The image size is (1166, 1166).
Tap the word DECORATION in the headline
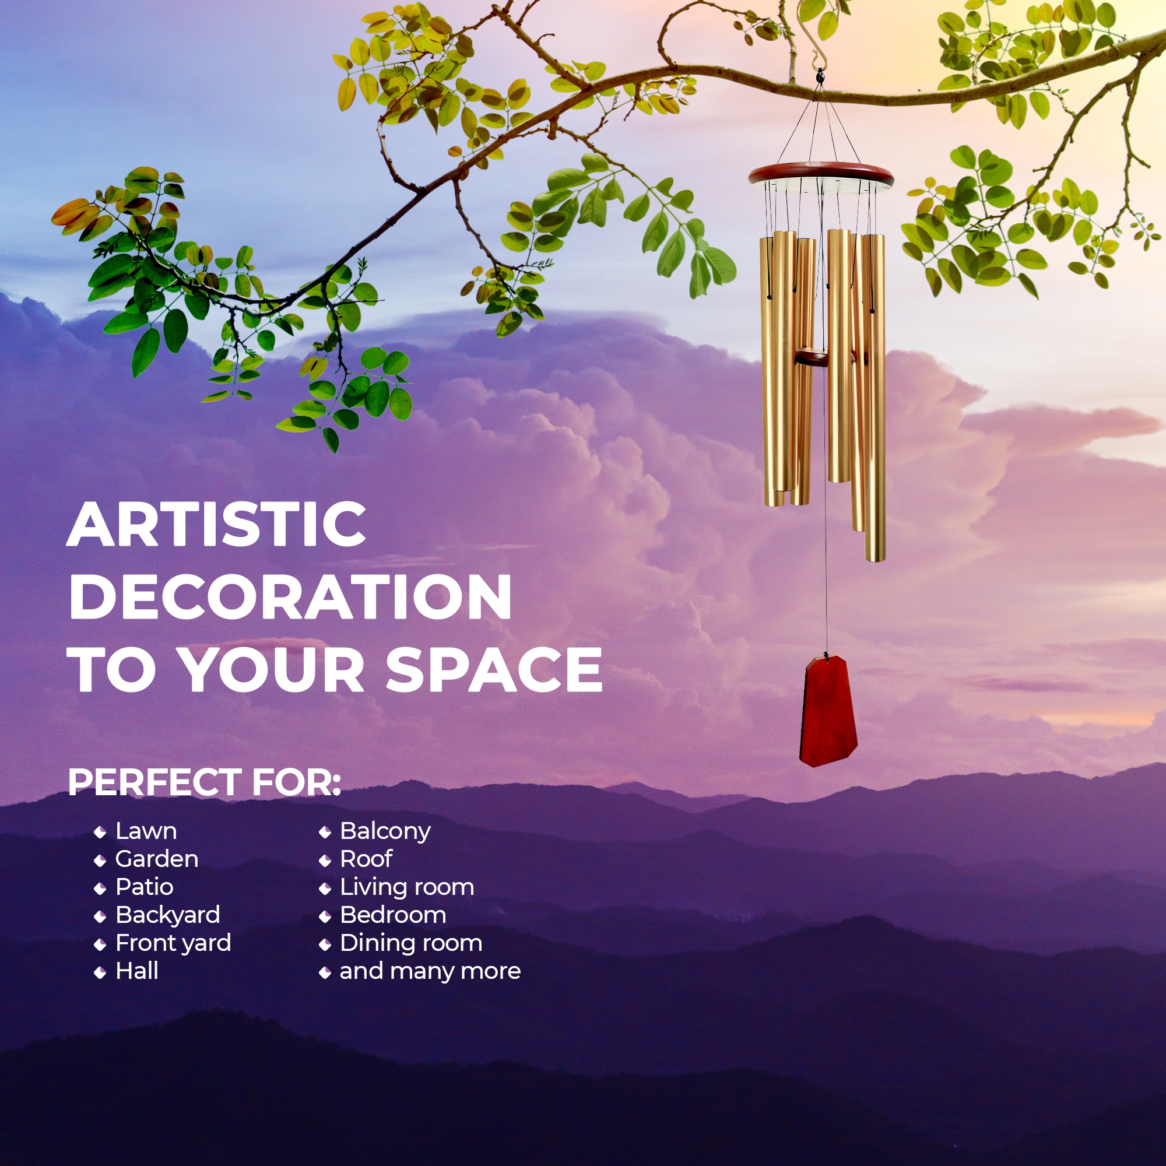pos(290,597)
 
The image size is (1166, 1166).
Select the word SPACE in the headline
pos(494,669)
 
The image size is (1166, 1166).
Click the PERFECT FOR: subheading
pos(205,783)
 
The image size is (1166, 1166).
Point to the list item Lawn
pos(146,831)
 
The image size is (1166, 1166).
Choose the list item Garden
pos(157,859)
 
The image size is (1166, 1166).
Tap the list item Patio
pos(144,887)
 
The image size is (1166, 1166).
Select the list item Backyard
pos(168,915)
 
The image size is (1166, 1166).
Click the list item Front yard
pos(173,943)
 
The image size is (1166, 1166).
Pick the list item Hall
pos(137,971)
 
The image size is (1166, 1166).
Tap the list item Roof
pos(366,859)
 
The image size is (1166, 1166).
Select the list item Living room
pos(407,888)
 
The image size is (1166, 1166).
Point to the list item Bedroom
pos(393,915)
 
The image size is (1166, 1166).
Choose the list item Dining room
pos(411,943)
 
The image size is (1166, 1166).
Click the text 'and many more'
pos(430,972)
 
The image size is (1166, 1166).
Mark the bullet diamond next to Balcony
pos(325,833)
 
